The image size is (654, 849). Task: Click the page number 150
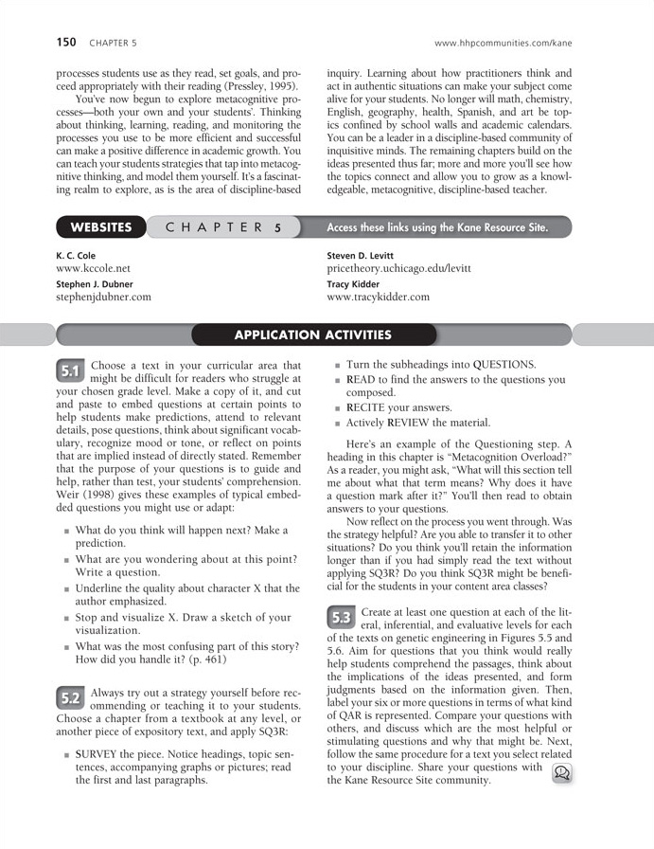pyautogui.click(x=66, y=43)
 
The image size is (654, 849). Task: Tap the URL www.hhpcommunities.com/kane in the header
pyautogui.click(x=503, y=44)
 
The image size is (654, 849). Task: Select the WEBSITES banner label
pyautogui.click(x=101, y=227)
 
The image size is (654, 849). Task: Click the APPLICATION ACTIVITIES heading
pyautogui.click(x=313, y=334)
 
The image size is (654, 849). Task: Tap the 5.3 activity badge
pyautogui.click(x=342, y=618)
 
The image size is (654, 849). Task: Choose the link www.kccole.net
pyautogui.click(x=93, y=269)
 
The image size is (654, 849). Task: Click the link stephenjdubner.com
pyautogui.click(x=103, y=297)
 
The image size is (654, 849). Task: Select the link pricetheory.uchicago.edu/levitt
pyautogui.click(x=392, y=269)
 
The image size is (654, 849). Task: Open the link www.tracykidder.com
pyautogui.click(x=378, y=297)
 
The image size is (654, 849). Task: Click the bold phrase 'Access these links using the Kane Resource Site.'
pyautogui.click(x=437, y=227)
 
